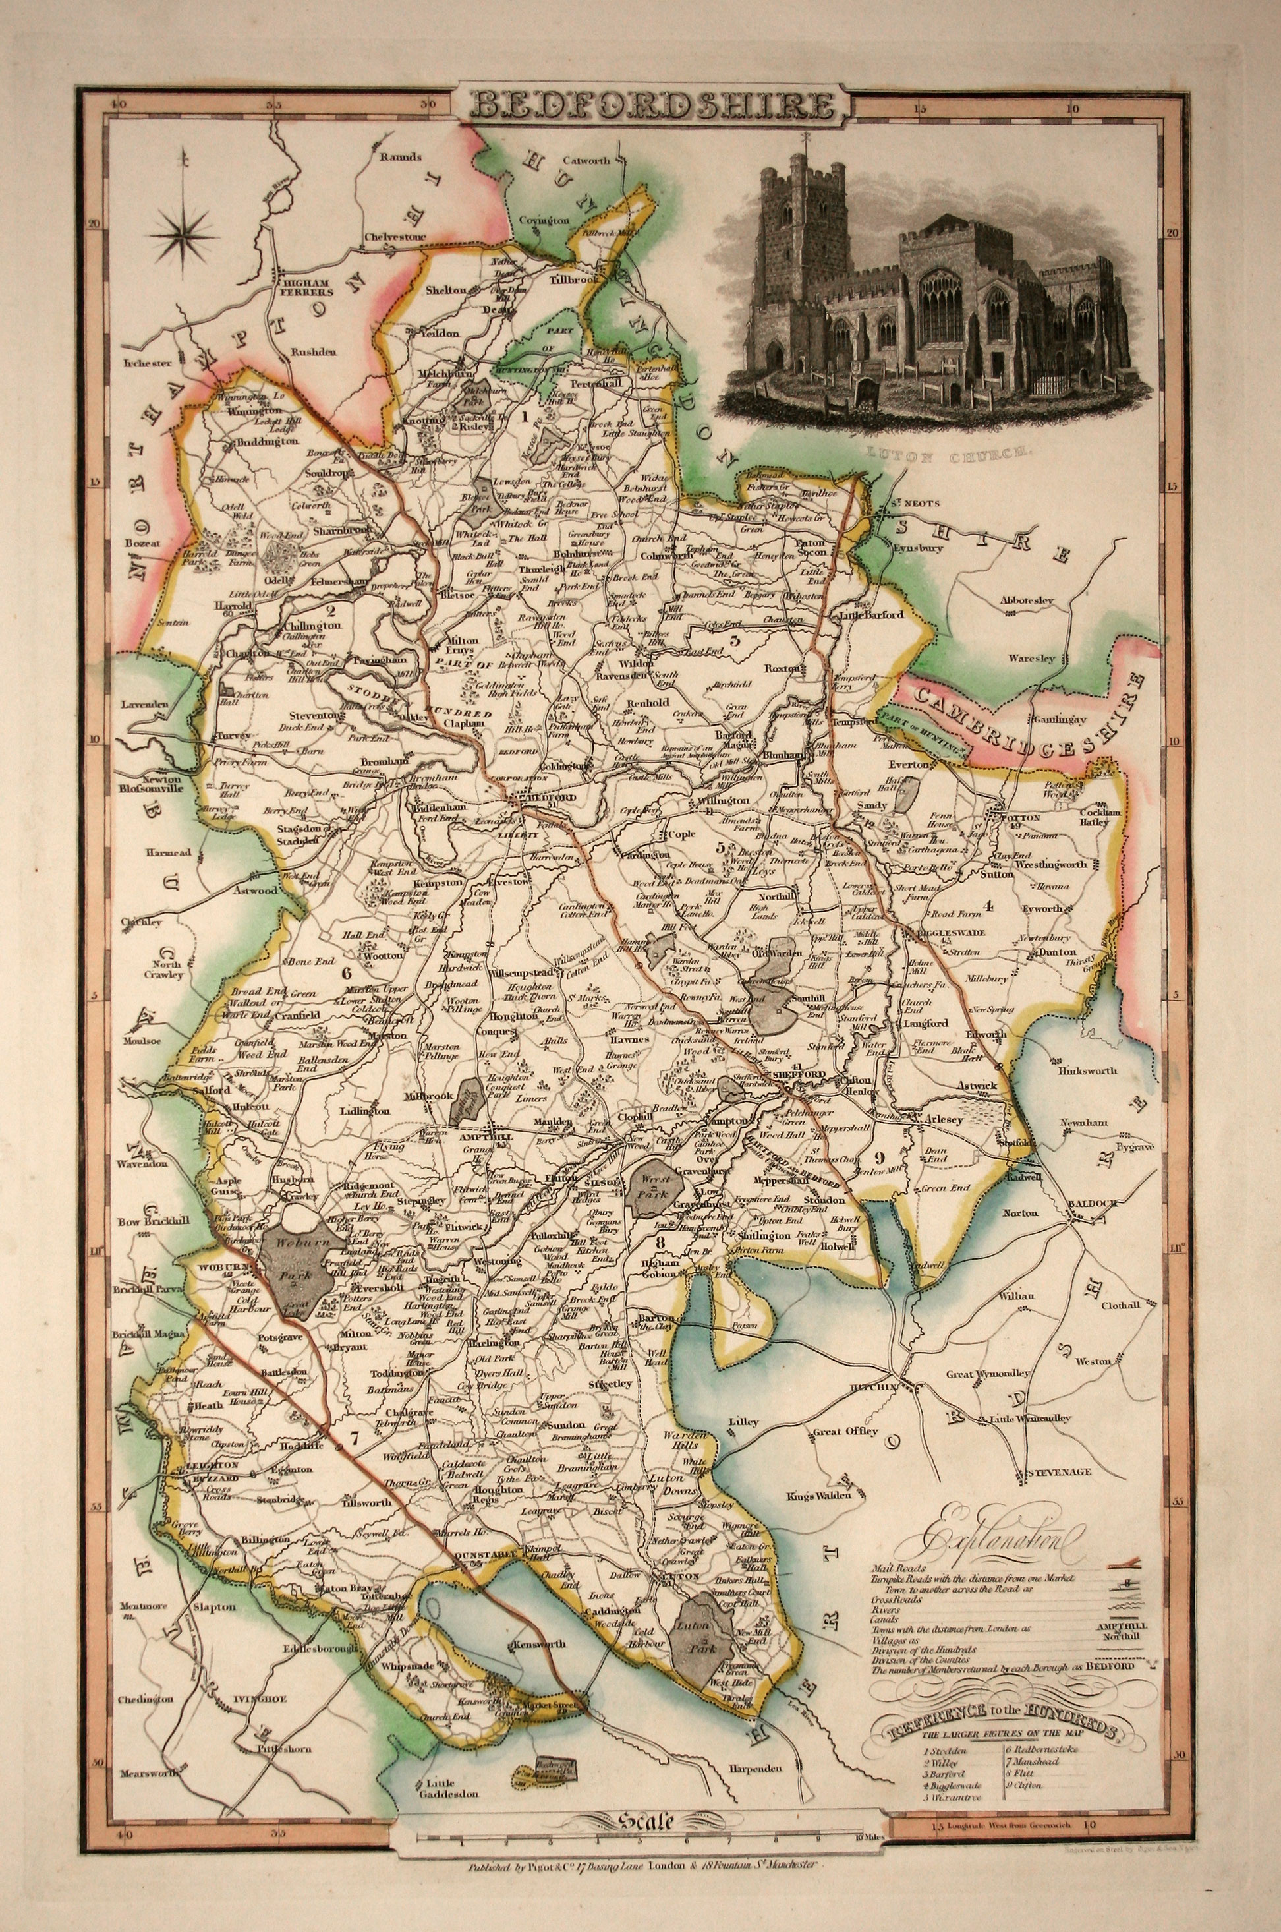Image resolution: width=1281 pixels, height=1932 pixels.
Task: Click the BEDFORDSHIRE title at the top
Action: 640,105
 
